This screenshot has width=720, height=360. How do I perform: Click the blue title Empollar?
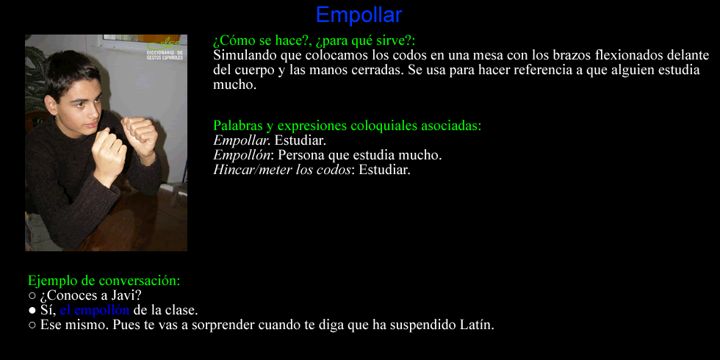pyautogui.click(x=359, y=15)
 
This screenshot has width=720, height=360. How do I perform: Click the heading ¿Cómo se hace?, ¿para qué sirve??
pyautogui.click(x=314, y=41)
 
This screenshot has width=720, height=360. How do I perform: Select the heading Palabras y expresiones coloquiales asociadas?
pyautogui.click(x=347, y=126)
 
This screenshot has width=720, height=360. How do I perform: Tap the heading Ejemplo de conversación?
pyautogui.click(x=104, y=280)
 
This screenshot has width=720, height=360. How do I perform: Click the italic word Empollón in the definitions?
pyautogui.click(x=242, y=155)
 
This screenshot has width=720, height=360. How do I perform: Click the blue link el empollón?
pyautogui.click(x=95, y=310)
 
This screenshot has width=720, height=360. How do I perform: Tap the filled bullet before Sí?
pyautogui.click(x=32, y=311)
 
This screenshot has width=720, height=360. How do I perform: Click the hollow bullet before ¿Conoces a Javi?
pyautogui.click(x=32, y=295)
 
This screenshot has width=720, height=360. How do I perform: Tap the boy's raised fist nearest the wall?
pyautogui.click(x=138, y=137)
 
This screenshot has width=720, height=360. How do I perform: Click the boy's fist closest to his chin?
pyautogui.click(x=109, y=151)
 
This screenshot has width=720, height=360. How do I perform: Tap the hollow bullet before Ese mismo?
pyautogui.click(x=32, y=325)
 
